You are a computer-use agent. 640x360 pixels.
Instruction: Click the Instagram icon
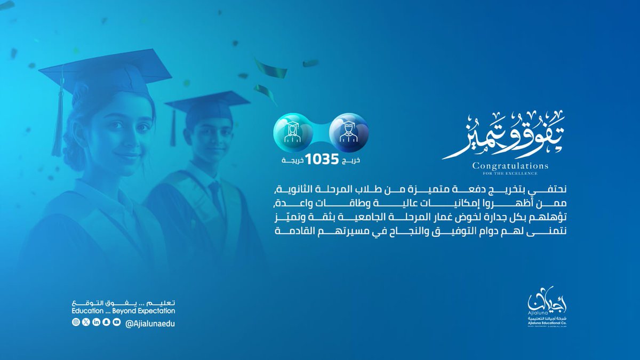click(76, 322)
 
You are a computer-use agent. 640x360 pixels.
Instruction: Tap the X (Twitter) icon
click(86, 322)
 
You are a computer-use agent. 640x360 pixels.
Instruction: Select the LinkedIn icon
click(96, 322)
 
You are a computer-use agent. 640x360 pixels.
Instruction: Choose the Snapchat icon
click(106, 322)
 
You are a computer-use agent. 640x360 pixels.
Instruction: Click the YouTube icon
click(116, 322)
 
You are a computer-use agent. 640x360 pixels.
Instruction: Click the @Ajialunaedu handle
click(150, 323)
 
